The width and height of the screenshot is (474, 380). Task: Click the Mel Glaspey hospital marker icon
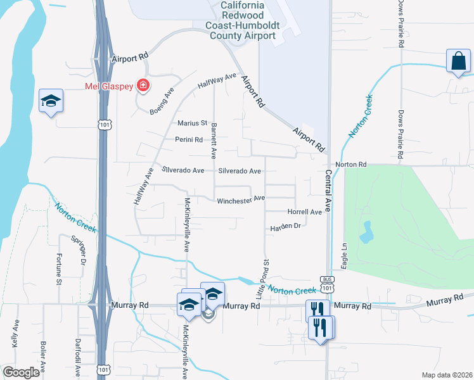[143, 85]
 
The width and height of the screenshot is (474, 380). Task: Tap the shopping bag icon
[457, 61]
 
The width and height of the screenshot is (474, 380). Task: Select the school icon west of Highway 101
[51, 101]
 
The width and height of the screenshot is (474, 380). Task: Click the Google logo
[21, 372]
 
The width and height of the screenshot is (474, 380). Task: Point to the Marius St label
[193, 123]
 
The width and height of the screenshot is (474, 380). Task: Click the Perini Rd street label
[189, 139]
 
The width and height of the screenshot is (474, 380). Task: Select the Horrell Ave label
[305, 212]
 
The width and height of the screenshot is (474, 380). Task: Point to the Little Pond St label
[262, 279]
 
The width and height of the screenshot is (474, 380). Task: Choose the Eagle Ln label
[345, 255]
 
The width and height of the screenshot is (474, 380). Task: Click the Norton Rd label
[351, 165]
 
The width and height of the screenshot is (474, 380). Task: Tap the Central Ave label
[329, 190]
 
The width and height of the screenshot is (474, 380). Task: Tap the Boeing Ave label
[162, 101]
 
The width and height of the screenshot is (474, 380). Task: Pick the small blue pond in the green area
[366, 232]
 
